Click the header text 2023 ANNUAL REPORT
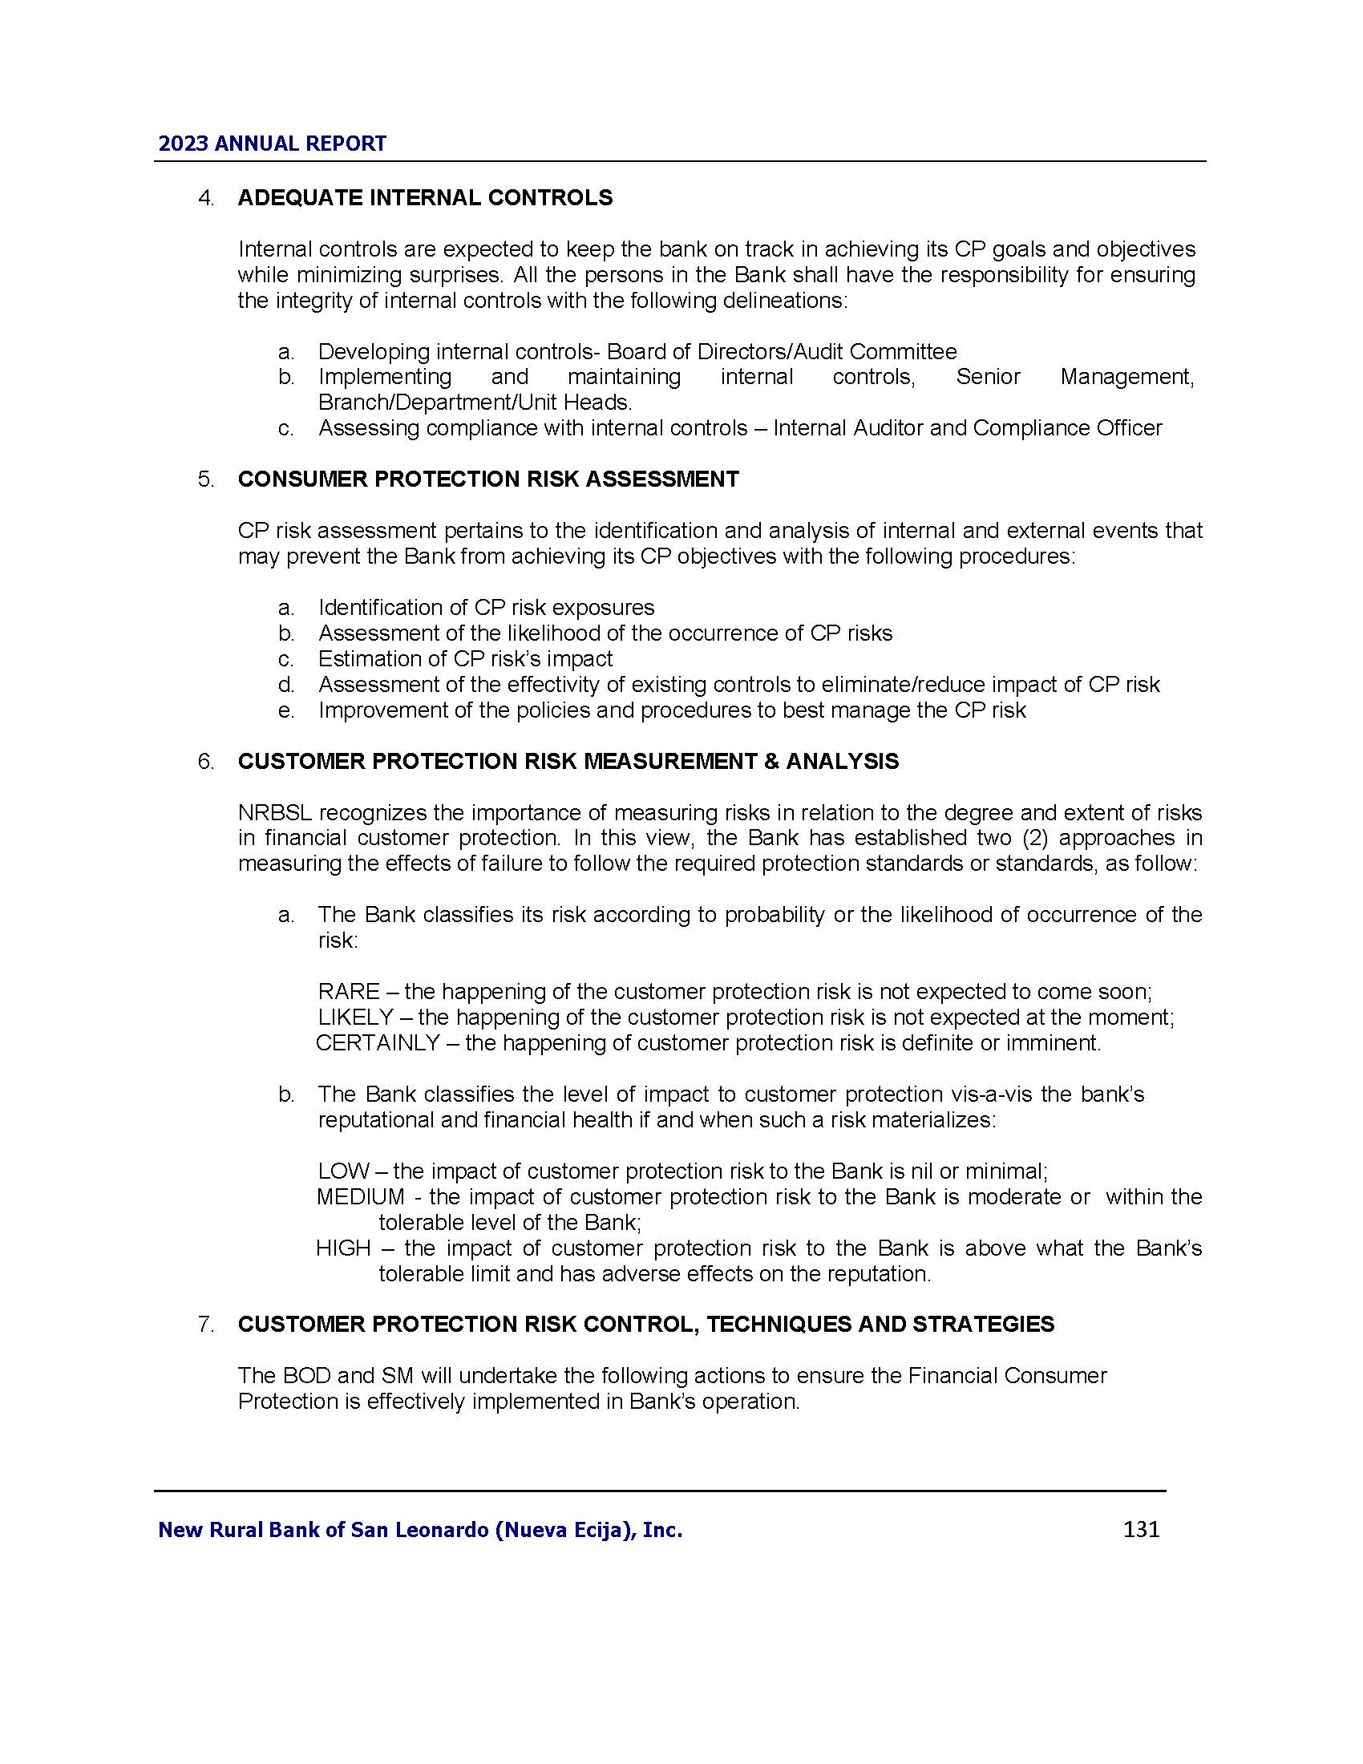pyautogui.click(x=272, y=144)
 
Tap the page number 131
pyautogui.click(x=1141, y=1529)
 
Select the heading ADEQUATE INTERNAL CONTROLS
pyautogui.click(x=425, y=198)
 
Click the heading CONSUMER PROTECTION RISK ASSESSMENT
pyautogui.click(x=487, y=479)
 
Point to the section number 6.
pyautogui.click(x=205, y=762)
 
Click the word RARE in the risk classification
pyautogui.click(x=348, y=992)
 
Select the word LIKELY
pyautogui.click(x=355, y=1017)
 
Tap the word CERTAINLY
pyautogui.click(x=377, y=1042)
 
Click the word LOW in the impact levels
pyautogui.click(x=343, y=1171)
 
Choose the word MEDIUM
pyautogui.click(x=360, y=1197)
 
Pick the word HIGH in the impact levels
pyautogui.click(x=343, y=1248)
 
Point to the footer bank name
pyautogui.click(x=420, y=1530)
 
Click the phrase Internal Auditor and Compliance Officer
pyautogui.click(x=968, y=428)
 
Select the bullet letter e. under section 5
pyautogui.click(x=286, y=710)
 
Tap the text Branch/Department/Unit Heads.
pyautogui.click(x=475, y=403)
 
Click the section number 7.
pyautogui.click(x=205, y=1325)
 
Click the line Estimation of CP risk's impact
pyautogui.click(x=465, y=659)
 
